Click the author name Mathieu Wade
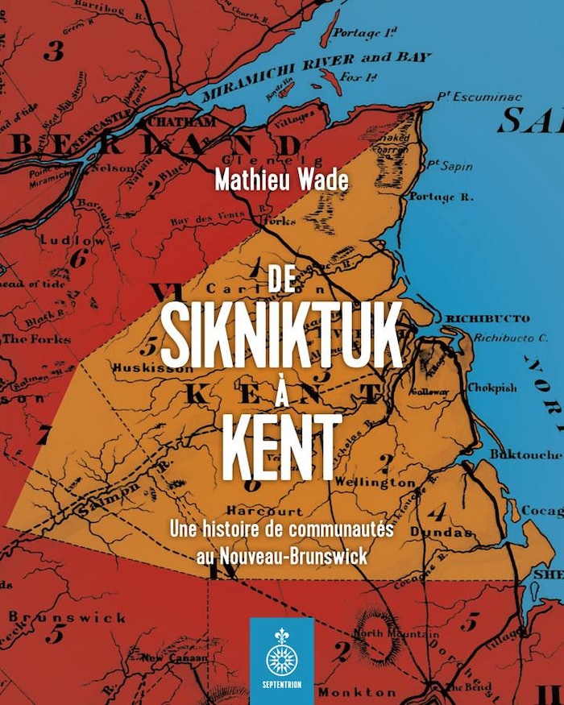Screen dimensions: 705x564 [x=281, y=179]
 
